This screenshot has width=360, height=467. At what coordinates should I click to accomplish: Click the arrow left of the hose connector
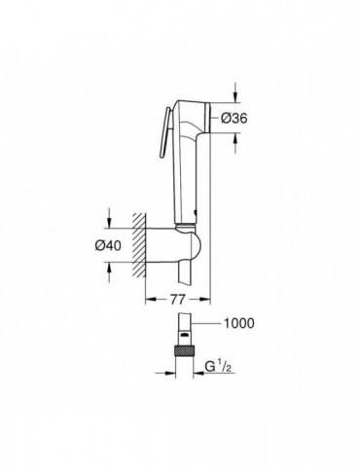(166, 369)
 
